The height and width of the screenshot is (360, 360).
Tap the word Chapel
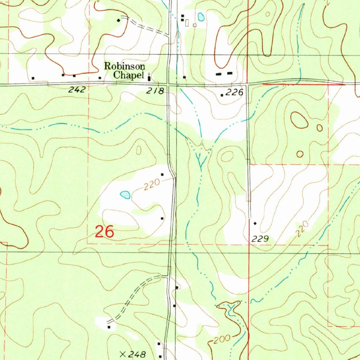click(128, 75)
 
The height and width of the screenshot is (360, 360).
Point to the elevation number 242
click(77, 90)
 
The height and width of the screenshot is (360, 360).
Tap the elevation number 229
click(260, 239)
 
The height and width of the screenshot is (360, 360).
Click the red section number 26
click(104, 232)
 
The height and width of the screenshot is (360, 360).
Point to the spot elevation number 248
click(137, 354)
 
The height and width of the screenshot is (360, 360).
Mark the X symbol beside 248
click(123, 354)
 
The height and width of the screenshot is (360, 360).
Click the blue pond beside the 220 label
click(125, 194)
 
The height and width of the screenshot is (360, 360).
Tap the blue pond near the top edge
click(201, 17)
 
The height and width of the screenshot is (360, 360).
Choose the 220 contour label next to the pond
click(152, 184)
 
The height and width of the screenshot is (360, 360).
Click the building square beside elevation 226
click(222, 95)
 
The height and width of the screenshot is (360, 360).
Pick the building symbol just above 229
click(255, 223)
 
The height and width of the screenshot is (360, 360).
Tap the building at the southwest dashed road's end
click(109, 327)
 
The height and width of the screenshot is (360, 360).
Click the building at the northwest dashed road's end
click(118, 20)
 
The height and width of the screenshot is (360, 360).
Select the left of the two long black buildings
click(219, 74)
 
